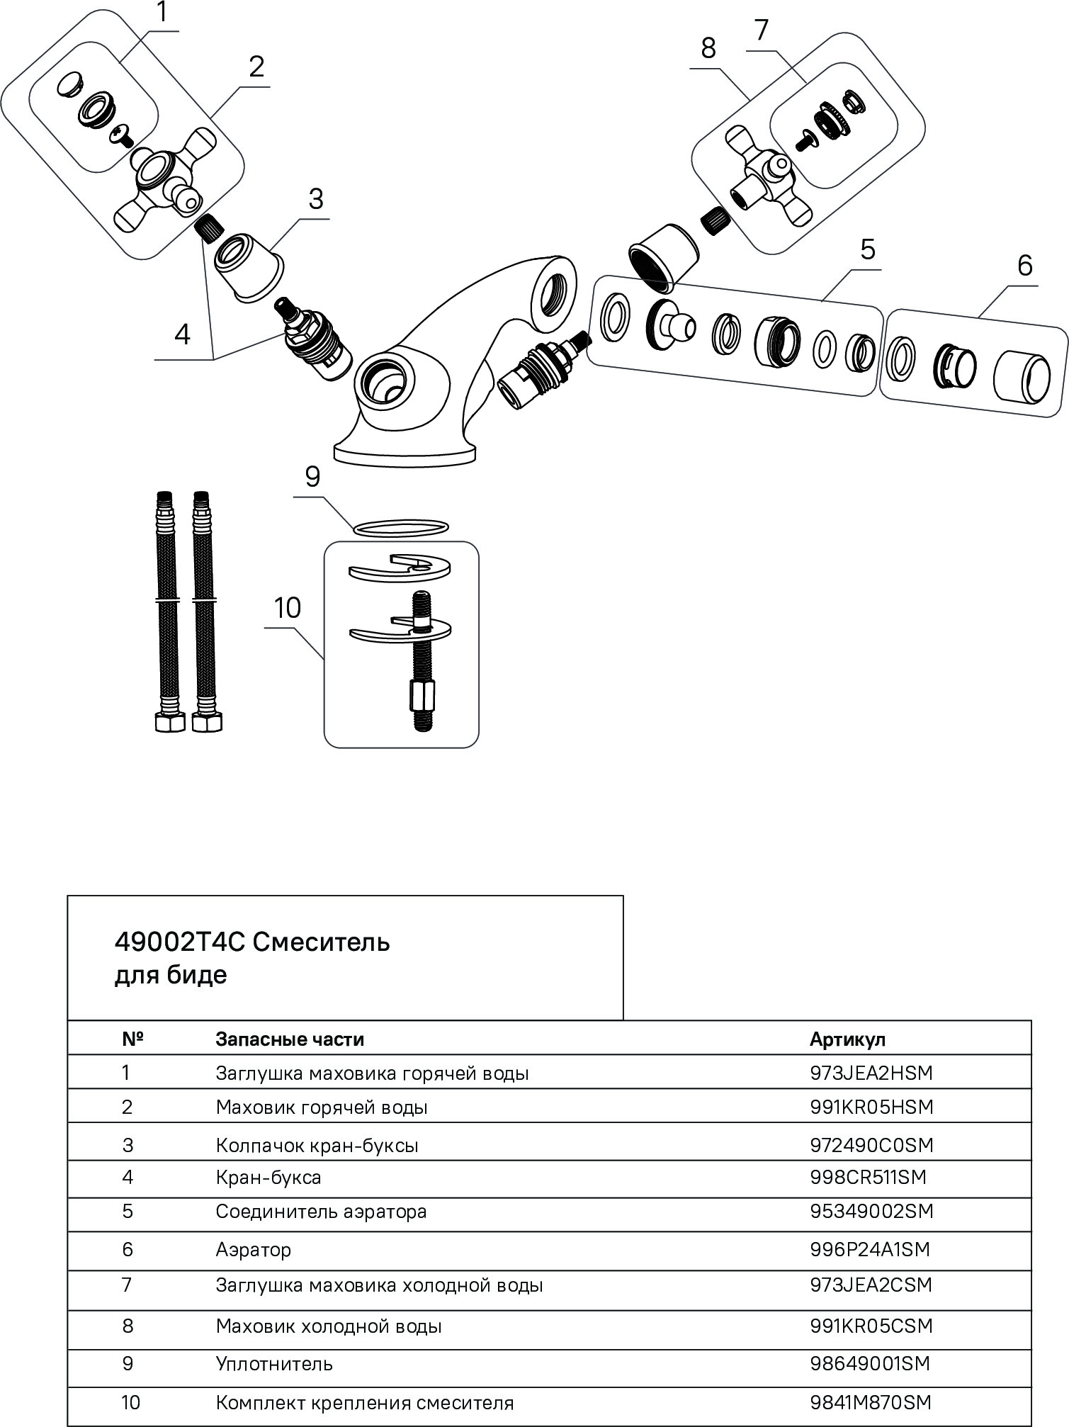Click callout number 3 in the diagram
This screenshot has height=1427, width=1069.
pyautogui.click(x=315, y=200)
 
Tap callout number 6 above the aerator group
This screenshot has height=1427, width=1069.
pyautogui.click(x=1024, y=265)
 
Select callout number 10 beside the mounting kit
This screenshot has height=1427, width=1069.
pyautogui.click(x=288, y=608)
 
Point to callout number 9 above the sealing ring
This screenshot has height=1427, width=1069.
pyautogui.click(x=313, y=477)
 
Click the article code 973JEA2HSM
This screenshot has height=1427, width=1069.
pyautogui.click(x=871, y=1073)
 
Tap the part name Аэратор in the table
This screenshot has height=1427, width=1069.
pyautogui.click(x=253, y=1249)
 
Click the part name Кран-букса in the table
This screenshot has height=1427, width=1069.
pyautogui.click(x=268, y=1177)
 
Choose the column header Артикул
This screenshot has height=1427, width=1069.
pyautogui.click(x=847, y=1039)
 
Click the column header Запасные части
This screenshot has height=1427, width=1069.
pyautogui.click(x=290, y=1039)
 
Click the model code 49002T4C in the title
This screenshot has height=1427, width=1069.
pyautogui.click(x=179, y=943)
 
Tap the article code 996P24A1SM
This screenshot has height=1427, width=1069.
pyautogui.click(x=869, y=1249)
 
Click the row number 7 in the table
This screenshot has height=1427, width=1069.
pyautogui.click(x=128, y=1285)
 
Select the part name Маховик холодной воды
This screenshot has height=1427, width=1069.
pyautogui.click(x=329, y=1326)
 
